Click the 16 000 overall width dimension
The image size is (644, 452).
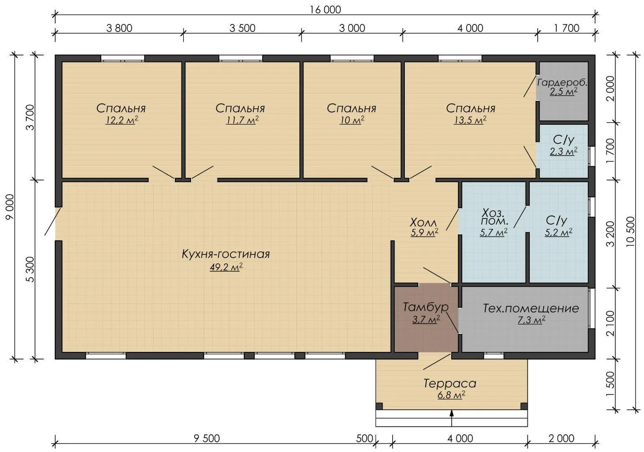[x=325, y=10]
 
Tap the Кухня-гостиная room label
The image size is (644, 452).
[x=226, y=254]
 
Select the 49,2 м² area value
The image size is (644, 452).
[x=226, y=267]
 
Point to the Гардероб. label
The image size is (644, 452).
[x=562, y=82]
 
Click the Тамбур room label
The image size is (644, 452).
[x=426, y=307]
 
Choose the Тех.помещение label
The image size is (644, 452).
[x=531, y=308]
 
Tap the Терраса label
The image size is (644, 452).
[x=450, y=383]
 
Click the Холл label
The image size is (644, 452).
[x=423, y=222]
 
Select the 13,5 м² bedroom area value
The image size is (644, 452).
[x=470, y=120]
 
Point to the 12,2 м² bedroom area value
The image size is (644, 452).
[x=122, y=120]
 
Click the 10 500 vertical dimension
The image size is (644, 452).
[x=630, y=231]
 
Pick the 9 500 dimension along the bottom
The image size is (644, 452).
[x=207, y=439]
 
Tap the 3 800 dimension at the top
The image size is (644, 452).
[x=119, y=28]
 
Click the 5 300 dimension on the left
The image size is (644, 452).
[x=30, y=269]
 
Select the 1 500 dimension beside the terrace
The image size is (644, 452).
[x=610, y=384]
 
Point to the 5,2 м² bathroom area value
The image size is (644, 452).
[x=558, y=232]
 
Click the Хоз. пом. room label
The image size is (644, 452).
[x=494, y=217]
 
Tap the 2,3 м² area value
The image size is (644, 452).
[x=564, y=152]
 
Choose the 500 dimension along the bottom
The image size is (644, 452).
[x=364, y=439]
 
